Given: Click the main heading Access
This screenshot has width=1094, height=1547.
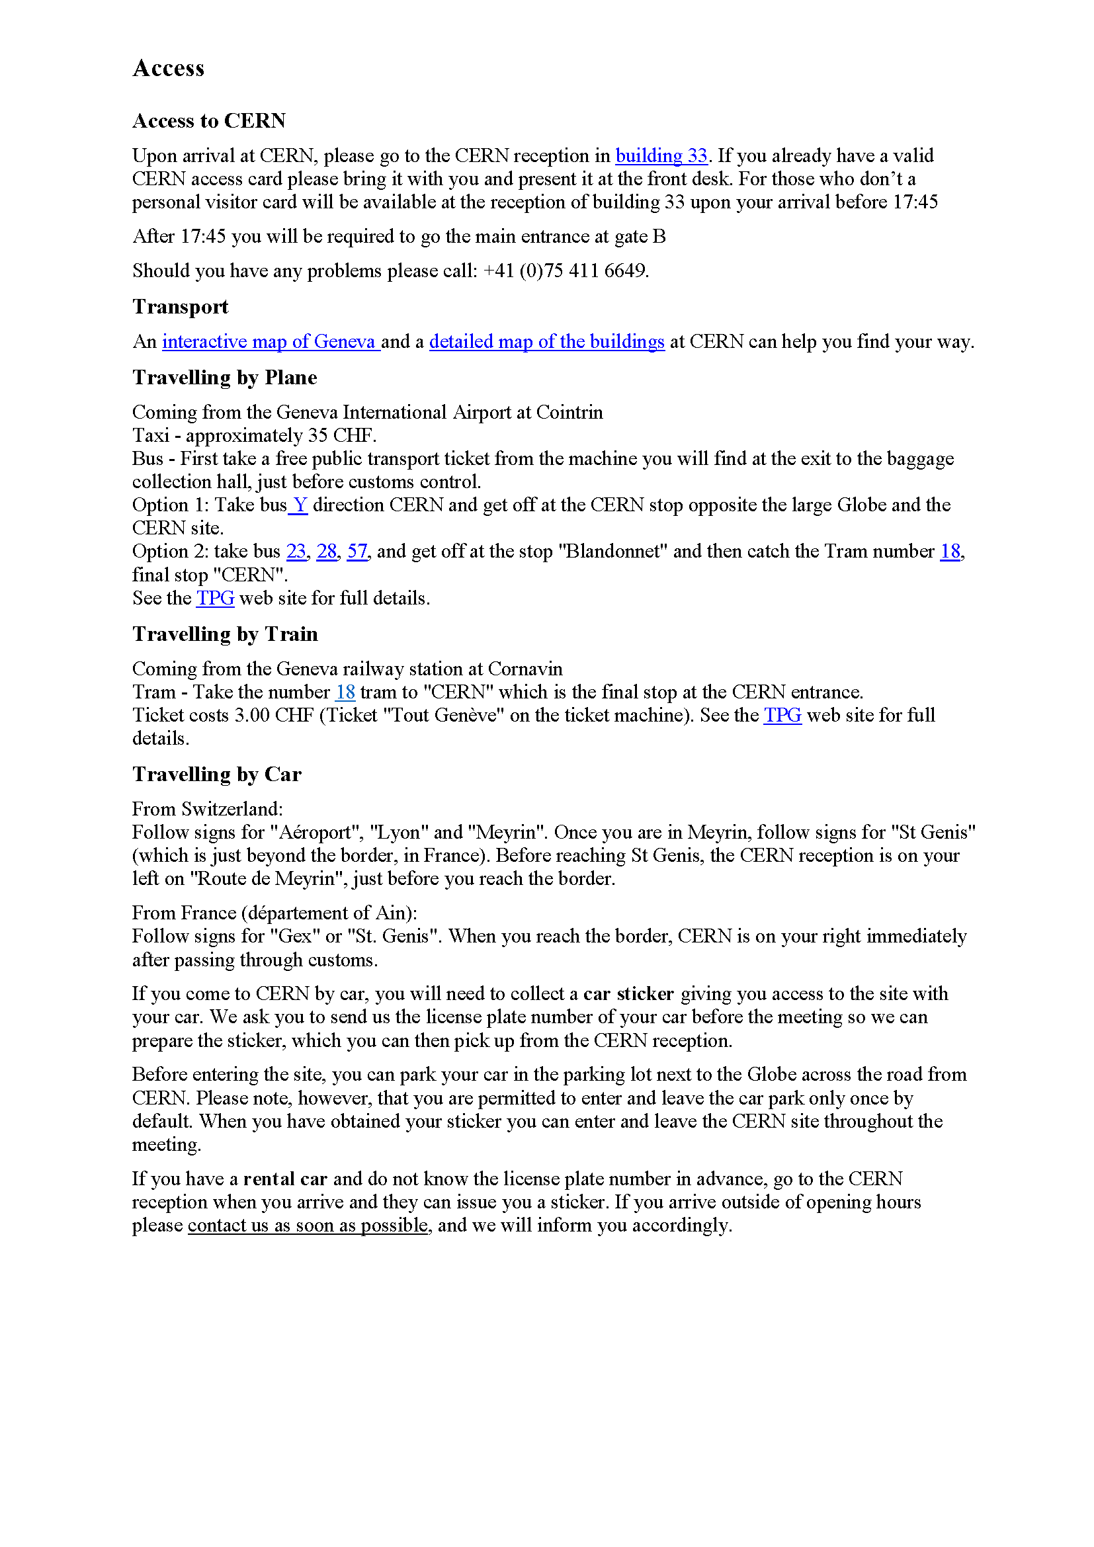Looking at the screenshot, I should point(169,68).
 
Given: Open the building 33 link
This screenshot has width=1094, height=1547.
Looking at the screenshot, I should point(661,155).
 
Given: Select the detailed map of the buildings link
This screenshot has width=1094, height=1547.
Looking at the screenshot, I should point(546,341).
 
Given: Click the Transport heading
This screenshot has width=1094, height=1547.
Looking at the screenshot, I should point(181,307).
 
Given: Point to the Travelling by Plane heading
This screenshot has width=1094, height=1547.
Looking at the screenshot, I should point(224,377).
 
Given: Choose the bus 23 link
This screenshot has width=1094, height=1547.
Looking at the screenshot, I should point(296,551).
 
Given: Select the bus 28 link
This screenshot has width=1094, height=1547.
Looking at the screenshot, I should point(327,551).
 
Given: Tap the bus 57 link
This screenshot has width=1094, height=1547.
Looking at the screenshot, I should point(357,551).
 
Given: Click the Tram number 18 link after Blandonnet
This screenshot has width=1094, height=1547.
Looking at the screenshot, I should point(950,551).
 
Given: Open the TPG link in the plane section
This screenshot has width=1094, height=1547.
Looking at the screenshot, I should point(215,599).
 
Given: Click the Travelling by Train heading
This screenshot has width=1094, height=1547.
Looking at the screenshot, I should point(225,634).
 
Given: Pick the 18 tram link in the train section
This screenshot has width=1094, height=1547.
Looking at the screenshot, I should point(345,692).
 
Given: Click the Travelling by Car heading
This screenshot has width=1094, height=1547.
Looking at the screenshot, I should point(217,774).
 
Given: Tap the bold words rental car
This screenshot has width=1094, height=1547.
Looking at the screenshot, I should point(285,1179).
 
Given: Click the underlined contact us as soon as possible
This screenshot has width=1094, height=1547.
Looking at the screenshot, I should point(308,1226).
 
